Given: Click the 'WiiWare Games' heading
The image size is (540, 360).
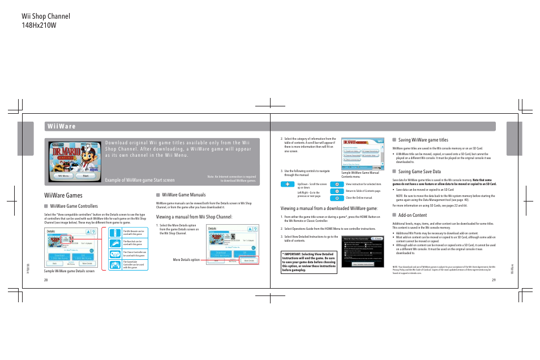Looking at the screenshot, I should pyautogui.click(x=63, y=195).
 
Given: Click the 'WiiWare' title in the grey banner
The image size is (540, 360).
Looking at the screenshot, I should pyautogui.click(x=63, y=126).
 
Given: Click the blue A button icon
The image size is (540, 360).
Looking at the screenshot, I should pyautogui.click(x=338, y=184).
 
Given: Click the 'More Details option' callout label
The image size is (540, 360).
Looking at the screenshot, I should pyautogui.click(x=186, y=260).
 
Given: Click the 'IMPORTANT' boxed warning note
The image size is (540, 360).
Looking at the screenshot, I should pyautogui.click(x=308, y=263).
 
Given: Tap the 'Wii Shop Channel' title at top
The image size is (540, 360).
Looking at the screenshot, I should pyautogui.click(x=39, y=15).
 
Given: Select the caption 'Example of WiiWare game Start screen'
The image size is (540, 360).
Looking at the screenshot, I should pyautogui.click(x=139, y=180).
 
